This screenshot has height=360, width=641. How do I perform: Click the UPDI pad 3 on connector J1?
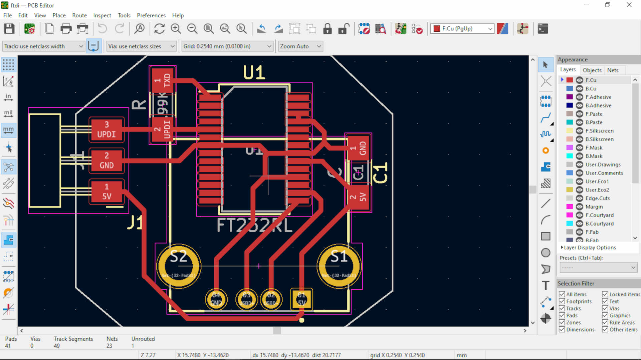click(106, 129)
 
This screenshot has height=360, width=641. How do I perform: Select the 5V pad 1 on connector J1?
click(106, 192)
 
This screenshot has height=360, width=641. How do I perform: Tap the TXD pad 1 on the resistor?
click(162, 80)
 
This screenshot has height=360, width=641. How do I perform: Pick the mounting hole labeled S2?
click(179, 266)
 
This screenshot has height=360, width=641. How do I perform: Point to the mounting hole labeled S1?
click(339, 266)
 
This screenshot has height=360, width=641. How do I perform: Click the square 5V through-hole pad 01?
click(301, 299)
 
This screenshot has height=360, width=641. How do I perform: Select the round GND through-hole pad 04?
click(216, 299)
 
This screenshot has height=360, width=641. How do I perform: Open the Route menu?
click(79, 15)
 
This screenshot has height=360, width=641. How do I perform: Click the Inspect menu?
click(102, 15)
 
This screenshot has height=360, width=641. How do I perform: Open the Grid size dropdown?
click(227, 46)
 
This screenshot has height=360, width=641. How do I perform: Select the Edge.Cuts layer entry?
click(597, 198)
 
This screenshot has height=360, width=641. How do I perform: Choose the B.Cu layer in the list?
click(591, 88)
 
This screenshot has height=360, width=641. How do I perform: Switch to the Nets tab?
click(613, 70)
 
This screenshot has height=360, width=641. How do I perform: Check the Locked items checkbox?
click(605, 294)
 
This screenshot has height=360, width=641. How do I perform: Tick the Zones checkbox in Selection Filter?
click(562, 323)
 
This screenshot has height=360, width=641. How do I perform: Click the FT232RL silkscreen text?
click(254, 226)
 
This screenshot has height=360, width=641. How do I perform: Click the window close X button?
click(629, 5)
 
